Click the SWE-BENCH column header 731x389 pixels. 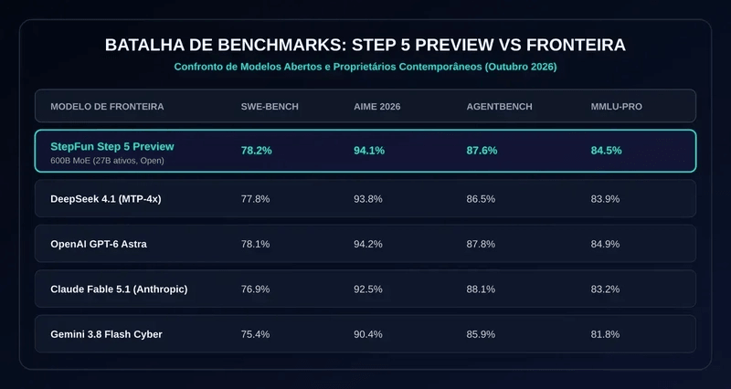pyautogui.click(x=270, y=107)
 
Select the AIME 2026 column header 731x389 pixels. pyautogui.click(x=376, y=107)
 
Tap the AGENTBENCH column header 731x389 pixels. pyautogui.click(x=499, y=107)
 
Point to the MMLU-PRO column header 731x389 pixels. pyautogui.click(x=616, y=107)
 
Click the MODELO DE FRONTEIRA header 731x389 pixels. pyautogui.click(x=107, y=107)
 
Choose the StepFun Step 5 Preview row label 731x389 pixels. pyautogui.click(x=112, y=146)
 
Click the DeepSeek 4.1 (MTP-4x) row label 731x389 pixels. pyautogui.click(x=106, y=199)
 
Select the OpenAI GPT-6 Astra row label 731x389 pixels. pyautogui.click(x=99, y=244)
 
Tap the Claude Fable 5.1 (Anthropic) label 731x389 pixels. pyautogui.click(x=119, y=289)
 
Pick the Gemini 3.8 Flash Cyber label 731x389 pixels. pyautogui.click(x=106, y=334)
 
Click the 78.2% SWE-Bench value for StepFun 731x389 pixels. pyautogui.click(x=257, y=151)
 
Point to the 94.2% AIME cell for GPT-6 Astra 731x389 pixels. pyautogui.click(x=368, y=244)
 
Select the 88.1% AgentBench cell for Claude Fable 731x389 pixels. pyautogui.click(x=481, y=289)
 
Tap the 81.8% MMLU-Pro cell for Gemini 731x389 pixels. pyautogui.click(x=605, y=334)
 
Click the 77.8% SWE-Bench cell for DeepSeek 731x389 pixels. pyautogui.click(x=255, y=199)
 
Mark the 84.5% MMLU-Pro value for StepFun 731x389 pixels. pyautogui.click(x=607, y=151)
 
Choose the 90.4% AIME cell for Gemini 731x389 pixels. pyautogui.click(x=368, y=334)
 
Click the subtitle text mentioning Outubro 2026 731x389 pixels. pyautogui.click(x=365, y=67)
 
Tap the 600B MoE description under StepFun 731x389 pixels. pyautogui.click(x=107, y=161)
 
